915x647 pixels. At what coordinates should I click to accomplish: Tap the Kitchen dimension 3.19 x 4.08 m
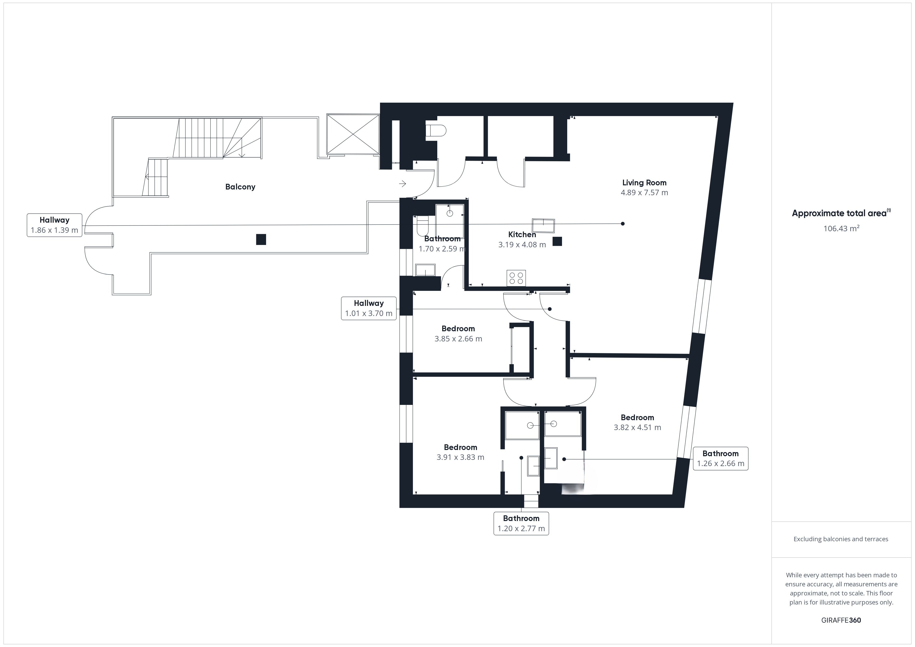tap(522, 245)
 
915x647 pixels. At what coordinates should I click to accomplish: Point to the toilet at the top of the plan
tap(435, 131)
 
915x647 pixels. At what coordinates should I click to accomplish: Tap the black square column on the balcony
tap(261, 240)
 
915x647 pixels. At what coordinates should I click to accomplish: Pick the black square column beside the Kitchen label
tap(557, 241)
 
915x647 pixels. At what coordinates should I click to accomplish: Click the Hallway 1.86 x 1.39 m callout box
tap(55, 225)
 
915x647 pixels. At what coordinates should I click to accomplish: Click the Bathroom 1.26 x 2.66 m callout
tap(720, 459)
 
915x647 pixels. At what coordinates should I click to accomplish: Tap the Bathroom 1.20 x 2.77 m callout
tap(521, 524)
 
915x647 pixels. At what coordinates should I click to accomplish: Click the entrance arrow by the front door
tap(403, 184)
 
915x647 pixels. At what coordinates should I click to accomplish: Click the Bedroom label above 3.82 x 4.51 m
tap(637, 418)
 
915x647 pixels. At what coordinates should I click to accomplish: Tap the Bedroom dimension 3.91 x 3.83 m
tap(460, 457)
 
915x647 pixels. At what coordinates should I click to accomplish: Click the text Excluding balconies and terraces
tap(841, 539)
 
